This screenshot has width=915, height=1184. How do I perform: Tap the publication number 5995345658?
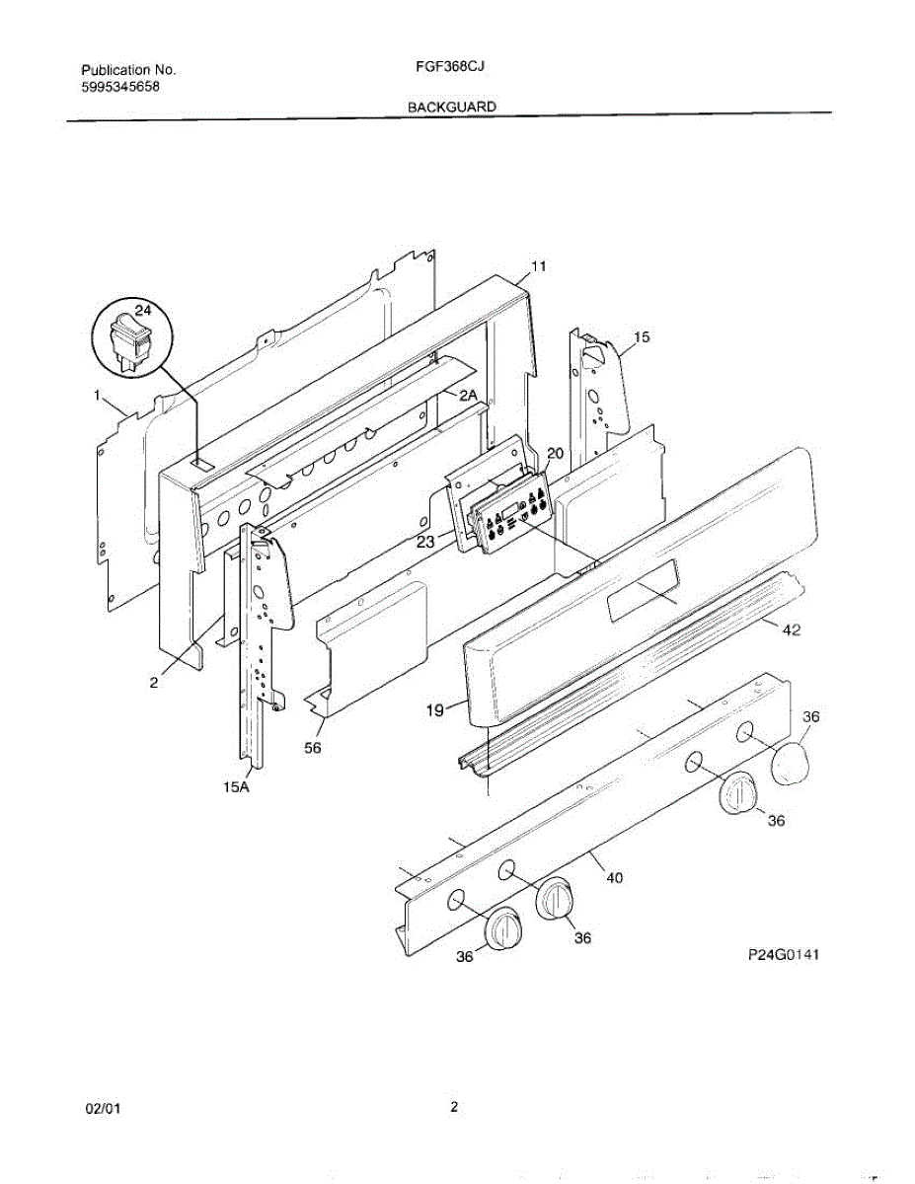119,86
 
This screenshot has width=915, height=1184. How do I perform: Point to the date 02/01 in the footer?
103,1108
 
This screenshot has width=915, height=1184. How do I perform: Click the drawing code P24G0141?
785,955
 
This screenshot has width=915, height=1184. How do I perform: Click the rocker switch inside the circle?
129,340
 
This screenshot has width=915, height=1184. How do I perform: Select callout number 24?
143,310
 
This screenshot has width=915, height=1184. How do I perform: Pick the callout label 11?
538,266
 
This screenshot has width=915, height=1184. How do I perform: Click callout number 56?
312,748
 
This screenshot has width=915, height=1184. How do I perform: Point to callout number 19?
434,708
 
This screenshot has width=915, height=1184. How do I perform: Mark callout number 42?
791,631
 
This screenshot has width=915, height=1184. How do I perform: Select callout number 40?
614,876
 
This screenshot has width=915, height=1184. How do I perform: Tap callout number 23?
425,541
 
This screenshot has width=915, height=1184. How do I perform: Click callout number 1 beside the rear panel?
98,395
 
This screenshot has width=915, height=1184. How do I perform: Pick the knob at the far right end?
796,764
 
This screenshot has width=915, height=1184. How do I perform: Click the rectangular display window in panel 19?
642,590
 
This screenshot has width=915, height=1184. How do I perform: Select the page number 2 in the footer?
454,1107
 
